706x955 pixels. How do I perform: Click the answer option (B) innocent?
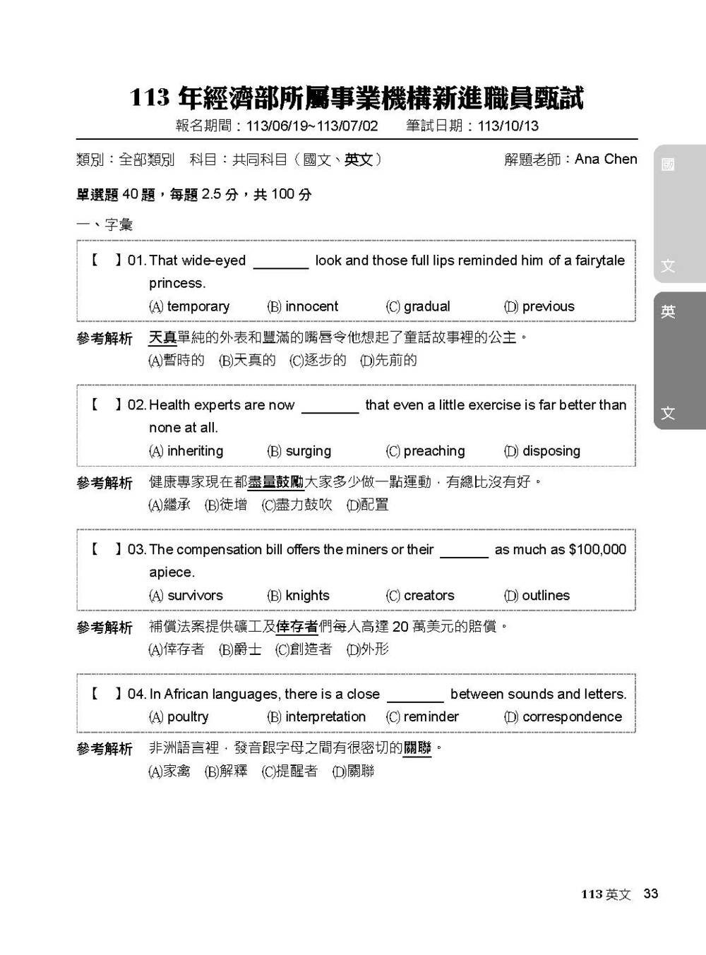(x=303, y=306)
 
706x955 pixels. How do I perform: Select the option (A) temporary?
(x=189, y=306)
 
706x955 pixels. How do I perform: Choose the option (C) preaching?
(x=425, y=451)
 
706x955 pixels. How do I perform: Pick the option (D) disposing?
(x=542, y=451)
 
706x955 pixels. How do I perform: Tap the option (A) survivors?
(x=186, y=596)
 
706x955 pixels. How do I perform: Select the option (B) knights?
(x=298, y=596)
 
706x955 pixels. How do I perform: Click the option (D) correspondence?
(x=563, y=717)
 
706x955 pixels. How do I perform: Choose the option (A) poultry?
(x=179, y=717)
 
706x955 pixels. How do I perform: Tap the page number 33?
(x=651, y=894)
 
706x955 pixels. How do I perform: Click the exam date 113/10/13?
(x=508, y=126)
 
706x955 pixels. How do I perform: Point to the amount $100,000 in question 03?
(x=597, y=550)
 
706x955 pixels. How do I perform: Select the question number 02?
(x=136, y=405)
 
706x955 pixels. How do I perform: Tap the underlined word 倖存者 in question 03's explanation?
(x=297, y=627)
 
